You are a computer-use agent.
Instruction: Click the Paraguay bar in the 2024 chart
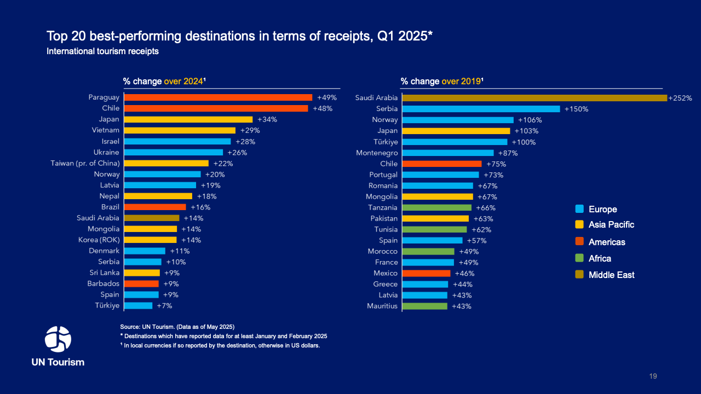pyautogui.click(x=218, y=97)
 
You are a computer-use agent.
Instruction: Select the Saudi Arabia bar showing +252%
pyautogui.click(x=535, y=98)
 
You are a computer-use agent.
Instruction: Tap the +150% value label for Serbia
pyautogui.click(x=576, y=109)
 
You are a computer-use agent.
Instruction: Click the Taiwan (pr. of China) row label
pyautogui.click(x=85, y=163)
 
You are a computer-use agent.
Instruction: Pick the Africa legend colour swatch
pyautogui.click(x=579, y=258)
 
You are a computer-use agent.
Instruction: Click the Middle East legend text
pyautogui.click(x=611, y=275)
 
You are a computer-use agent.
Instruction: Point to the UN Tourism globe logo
pyautogui.click(x=58, y=339)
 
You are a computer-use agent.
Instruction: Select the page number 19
pyautogui.click(x=653, y=376)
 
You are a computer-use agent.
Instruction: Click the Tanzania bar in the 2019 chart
pyautogui.click(x=436, y=207)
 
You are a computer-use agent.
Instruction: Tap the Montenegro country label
pyautogui.click(x=377, y=153)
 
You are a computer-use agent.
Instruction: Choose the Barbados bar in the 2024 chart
pyautogui.click(x=141, y=283)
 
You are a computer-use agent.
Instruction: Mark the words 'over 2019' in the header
pyautogui.click(x=461, y=81)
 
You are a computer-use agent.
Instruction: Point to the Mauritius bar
pyautogui.click(x=424, y=306)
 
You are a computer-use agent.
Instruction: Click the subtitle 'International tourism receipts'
pyautogui.click(x=103, y=51)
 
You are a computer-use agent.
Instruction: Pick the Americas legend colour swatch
pyautogui.click(x=579, y=242)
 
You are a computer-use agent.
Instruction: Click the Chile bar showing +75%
pyautogui.click(x=441, y=164)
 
